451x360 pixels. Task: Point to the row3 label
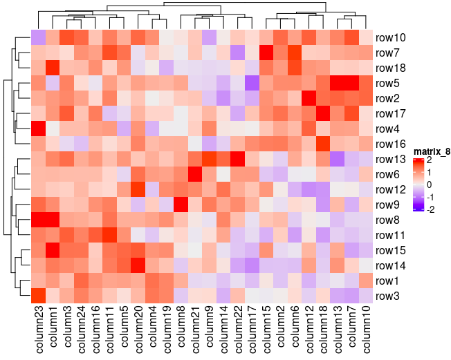pyautogui.click(x=392, y=296)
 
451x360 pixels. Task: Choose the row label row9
pyautogui.click(x=392, y=205)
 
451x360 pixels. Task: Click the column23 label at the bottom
pyautogui.click(x=37, y=332)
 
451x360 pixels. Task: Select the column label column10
pyautogui.click(x=367, y=332)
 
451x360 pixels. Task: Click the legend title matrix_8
pyautogui.click(x=431, y=151)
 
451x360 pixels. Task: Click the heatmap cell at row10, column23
pyautogui.click(x=37, y=37)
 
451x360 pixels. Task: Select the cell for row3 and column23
pyautogui.click(x=37, y=296)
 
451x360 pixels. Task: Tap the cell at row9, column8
pyautogui.click(x=181, y=205)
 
